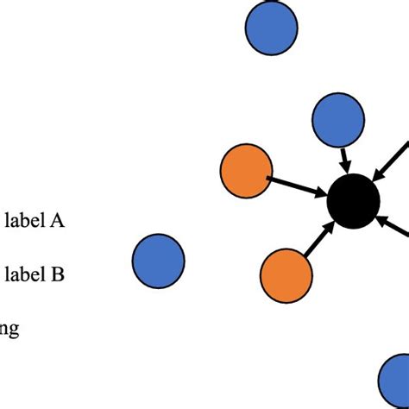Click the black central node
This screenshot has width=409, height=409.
tap(353, 202)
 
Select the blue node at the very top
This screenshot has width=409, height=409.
tap(271, 27)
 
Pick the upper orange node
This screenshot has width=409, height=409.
tap(247, 171)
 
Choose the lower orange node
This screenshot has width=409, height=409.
tap(286, 276)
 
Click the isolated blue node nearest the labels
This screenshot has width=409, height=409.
tap(159, 259)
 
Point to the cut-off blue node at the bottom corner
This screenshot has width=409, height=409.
tap(397, 380)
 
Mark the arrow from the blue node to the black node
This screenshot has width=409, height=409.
tap(345, 159)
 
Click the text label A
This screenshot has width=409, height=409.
tap(35, 221)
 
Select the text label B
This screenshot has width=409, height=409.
tap(35, 275)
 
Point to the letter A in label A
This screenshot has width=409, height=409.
tap(57, 221)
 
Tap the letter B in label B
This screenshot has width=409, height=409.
tap(57, 275)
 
